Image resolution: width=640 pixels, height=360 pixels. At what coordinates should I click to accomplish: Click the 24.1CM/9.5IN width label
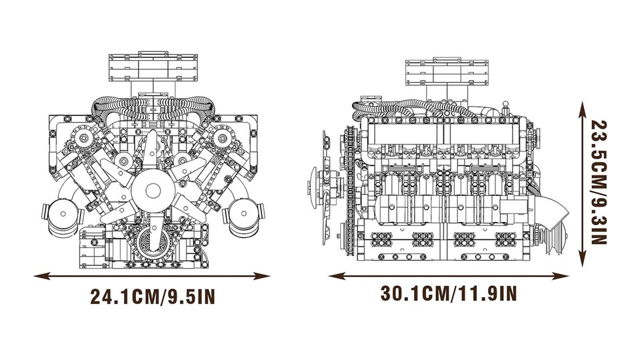pyautogui.click(x=152, y=296)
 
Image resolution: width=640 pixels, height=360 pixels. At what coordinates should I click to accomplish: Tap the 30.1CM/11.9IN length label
pyautogui.click(x=449, y=293)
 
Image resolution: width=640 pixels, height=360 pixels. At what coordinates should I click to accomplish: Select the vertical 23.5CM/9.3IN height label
pyautogui.click(x=599, y=183)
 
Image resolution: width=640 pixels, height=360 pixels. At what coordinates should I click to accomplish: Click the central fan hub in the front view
pyautogui.click(x=153, y=190)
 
